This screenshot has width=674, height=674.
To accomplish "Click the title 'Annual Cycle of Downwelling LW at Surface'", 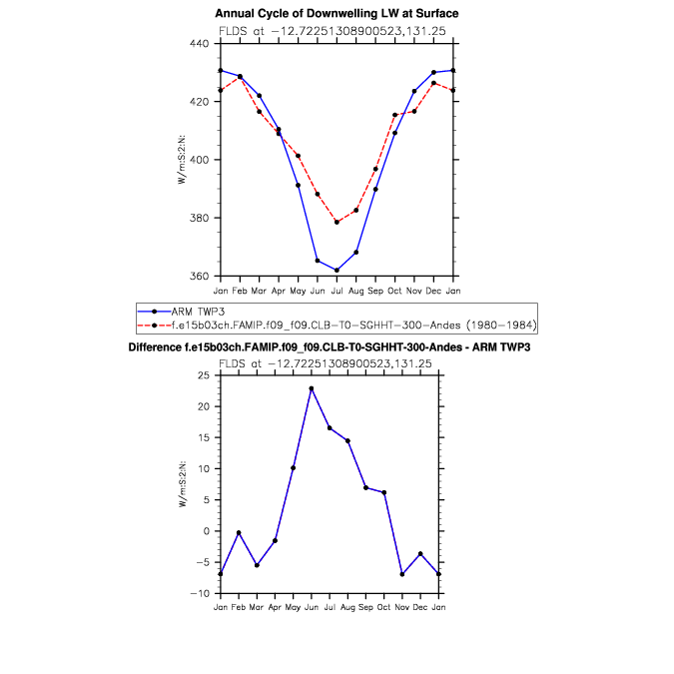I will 337,13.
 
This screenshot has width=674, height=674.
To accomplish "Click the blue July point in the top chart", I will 337,270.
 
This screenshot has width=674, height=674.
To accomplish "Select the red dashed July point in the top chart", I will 337,222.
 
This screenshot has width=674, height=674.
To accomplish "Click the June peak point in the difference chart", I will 311,388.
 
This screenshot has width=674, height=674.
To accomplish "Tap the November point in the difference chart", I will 401,574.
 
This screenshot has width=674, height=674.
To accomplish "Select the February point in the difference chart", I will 239,532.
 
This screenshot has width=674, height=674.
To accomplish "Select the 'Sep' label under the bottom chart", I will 365,607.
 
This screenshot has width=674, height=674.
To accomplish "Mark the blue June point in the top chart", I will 318,261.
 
